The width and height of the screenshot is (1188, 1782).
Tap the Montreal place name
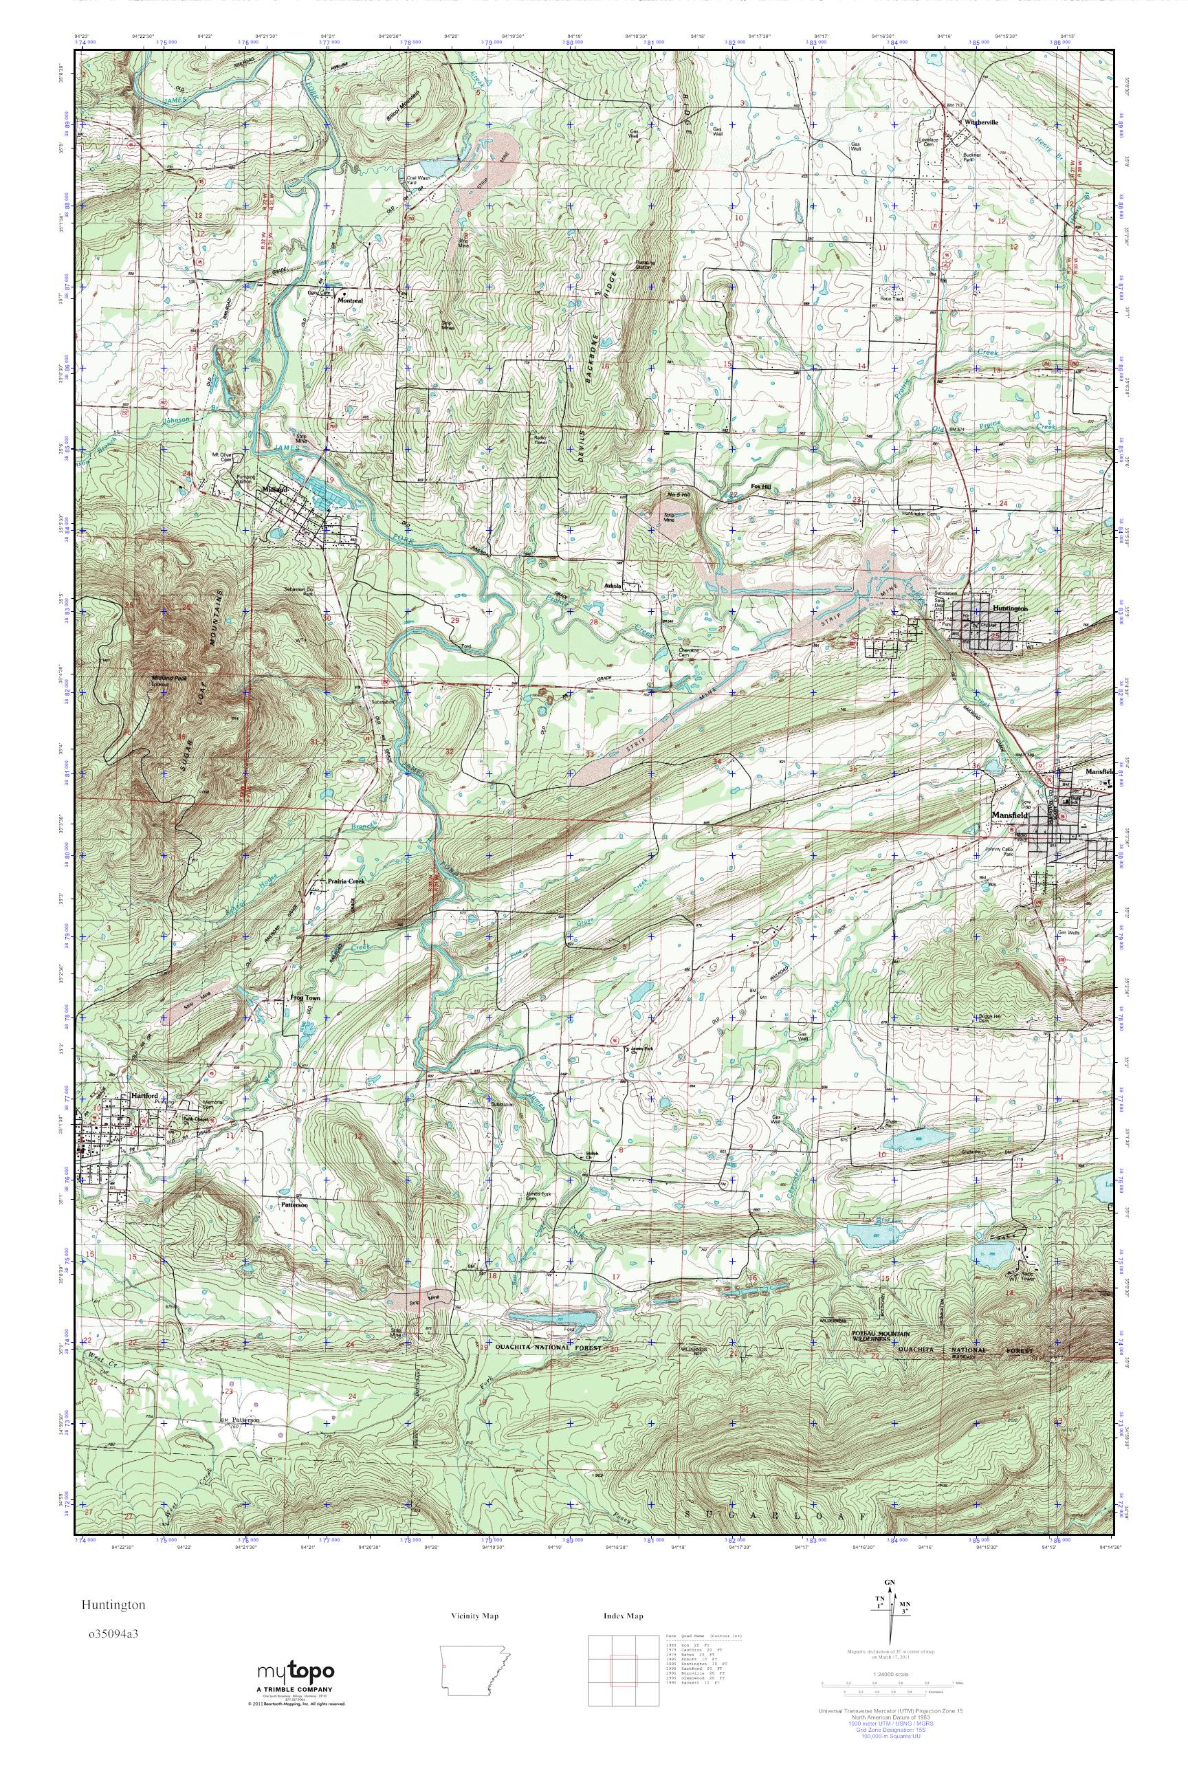(349, 300)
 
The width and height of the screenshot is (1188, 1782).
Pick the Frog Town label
(305, 998)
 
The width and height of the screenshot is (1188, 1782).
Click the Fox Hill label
(760, 488)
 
